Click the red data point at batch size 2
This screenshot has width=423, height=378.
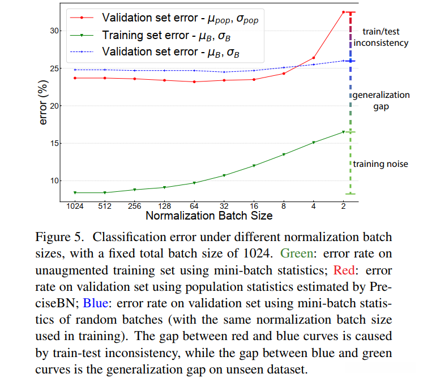pos(343,12)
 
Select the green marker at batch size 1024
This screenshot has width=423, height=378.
pos(75,192)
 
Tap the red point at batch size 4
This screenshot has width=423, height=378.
pos(314,58)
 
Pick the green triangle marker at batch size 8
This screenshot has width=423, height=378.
pos(284,154)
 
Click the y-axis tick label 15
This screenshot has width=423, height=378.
pos(54,143)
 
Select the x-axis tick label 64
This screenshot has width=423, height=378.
pos(194,206)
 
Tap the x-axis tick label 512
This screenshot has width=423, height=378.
pos(105,206)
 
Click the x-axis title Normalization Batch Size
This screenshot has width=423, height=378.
pos(209,216)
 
